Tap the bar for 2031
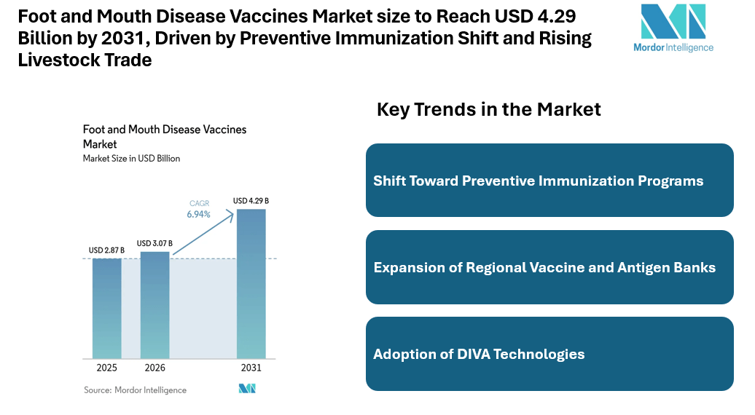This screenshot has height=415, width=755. [251, 283]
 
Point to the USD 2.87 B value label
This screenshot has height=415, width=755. [106, 250]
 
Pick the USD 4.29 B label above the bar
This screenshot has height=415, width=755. [251, 200]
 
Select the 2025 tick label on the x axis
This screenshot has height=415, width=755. [106, 368]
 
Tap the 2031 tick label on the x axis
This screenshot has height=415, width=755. [251, 368]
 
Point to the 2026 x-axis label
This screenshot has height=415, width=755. [154, 368]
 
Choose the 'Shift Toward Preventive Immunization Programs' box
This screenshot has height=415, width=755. [549, 181]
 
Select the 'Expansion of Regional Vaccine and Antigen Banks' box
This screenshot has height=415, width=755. [549, 267]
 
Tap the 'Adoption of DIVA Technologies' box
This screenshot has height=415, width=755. [549, 354]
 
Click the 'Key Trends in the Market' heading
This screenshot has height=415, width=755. [488, 110]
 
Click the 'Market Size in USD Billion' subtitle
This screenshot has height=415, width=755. [131, 158]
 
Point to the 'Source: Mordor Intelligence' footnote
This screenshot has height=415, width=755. [135, 390]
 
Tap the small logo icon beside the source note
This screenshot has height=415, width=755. [247, 389]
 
